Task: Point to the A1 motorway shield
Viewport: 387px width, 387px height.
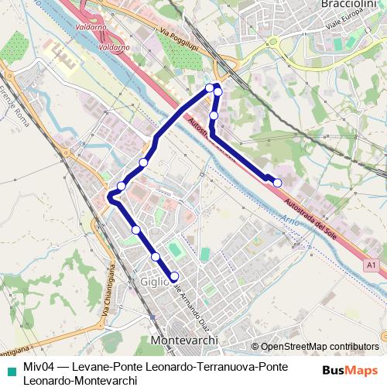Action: pyautogui.click(x=372, y=265)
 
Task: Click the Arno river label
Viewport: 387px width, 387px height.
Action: pyautogui.click(x=290, y=222)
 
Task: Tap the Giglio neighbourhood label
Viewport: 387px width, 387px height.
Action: pyautogui.click(x=155, y=283)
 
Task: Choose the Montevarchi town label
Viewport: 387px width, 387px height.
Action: pyautogui.click(x=186, y=341)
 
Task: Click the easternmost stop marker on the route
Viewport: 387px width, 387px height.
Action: pyautogui.click(x=278, y=183)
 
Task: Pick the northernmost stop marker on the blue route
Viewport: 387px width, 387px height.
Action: pyautogui.click(x=210, y=87)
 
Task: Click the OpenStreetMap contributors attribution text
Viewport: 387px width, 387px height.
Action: pyautogui.click(x=320, y=347)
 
